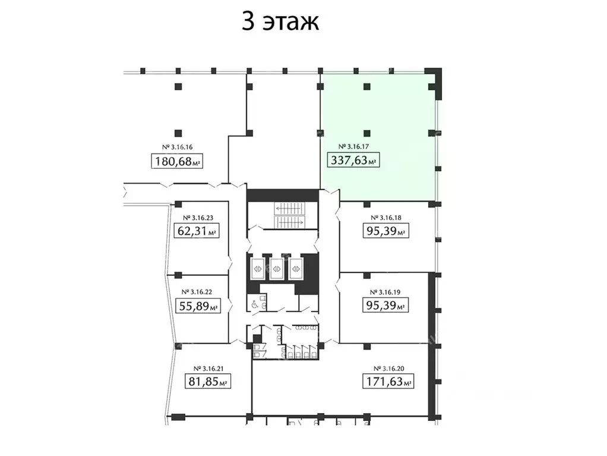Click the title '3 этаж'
[x=281, y=22]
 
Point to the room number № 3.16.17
[x=354, y=146]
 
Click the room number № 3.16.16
[x=178, y=147]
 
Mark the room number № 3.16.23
[x=198, y=218]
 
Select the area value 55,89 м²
[x=198, y=307]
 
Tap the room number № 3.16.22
[x=198, y=292]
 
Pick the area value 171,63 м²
[x=388, y=381]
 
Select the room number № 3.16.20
[x=388, y=367]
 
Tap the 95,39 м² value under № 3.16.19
[x=385, y=306]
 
